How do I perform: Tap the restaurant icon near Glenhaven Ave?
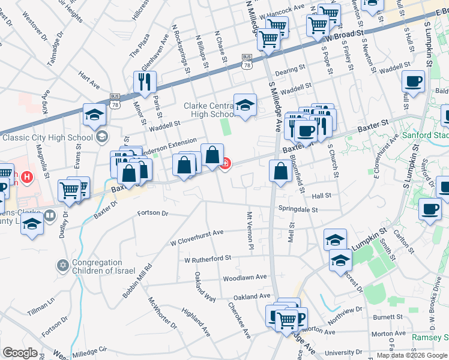pyautogui.click(x=144, y=82)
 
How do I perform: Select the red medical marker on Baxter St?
pyautogui.click(x=226, y=163)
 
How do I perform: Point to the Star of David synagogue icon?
pyautogui.click(x=62, y=265)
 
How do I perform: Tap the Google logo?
pyautogui.click(x=20, y=353)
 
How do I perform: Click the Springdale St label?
pyautogui.click(x=297, y=209)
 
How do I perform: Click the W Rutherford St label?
pyautogui.click(x=208, y=259)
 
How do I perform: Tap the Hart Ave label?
pyautogui.click(x=88, y=82)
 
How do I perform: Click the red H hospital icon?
pyautogui.click(x=26, y=177)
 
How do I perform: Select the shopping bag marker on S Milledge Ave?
pyautogui.click(x=280, y=171)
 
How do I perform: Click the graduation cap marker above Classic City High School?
pyautogui.click(x=95, y=115)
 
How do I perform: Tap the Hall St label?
pyautogui.click(x=322, y=196)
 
